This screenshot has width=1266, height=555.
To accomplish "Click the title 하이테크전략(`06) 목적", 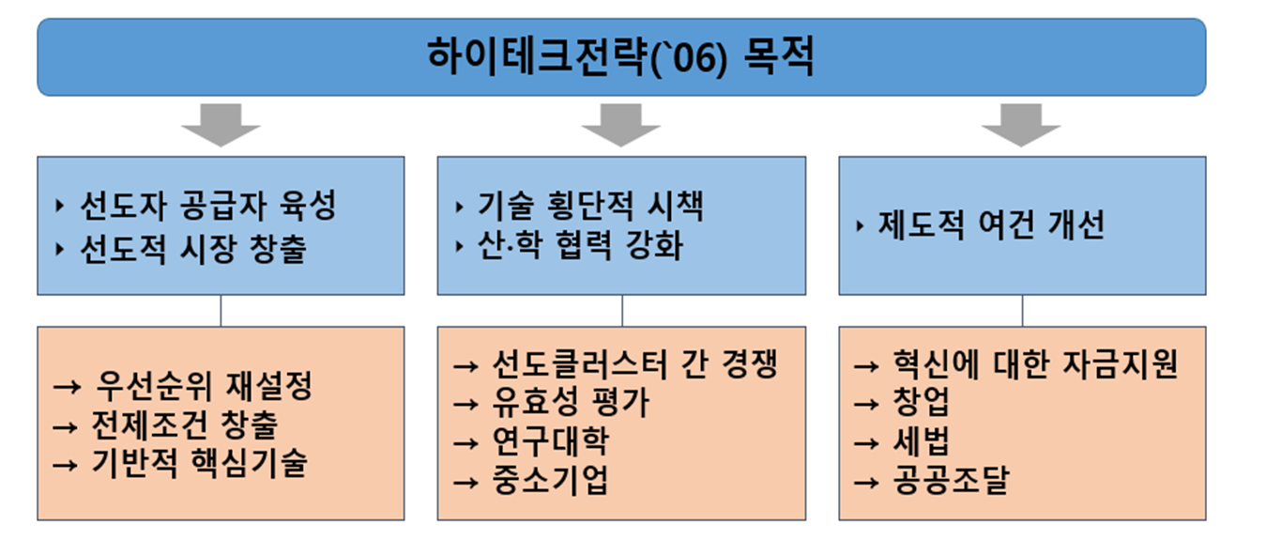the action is coord(620,56).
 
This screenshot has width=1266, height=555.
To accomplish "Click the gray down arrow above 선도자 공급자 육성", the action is coord(221,125).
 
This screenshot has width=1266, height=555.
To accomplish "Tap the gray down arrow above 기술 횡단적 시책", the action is coord(621,125).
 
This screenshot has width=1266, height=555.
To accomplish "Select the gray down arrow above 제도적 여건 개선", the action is coord(1021,125).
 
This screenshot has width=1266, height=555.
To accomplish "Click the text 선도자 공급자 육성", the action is coord(208,205).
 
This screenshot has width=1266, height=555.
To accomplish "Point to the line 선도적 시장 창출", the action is coord(193,249).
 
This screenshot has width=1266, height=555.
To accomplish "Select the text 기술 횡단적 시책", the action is coord(590,205).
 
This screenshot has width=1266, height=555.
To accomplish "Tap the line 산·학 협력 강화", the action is coord(580,245).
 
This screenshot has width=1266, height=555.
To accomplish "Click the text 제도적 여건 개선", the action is coord(991,224).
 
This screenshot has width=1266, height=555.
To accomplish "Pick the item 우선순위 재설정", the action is coord(204,386).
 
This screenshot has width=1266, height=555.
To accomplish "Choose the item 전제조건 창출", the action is coord(185,424).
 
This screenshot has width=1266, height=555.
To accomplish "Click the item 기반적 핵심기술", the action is coord(200,463).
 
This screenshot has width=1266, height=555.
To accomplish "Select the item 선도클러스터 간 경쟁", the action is coord(635,363).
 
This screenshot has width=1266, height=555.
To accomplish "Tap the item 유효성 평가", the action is coord(571,402).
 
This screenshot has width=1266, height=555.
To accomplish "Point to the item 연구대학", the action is coord(551,441).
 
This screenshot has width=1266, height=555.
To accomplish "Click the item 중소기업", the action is coord(551,480).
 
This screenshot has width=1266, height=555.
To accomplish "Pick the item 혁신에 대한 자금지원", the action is coord(1035,363).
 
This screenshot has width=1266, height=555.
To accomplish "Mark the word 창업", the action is coord(922,402).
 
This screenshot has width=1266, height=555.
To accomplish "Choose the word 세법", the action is coord(922,441).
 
